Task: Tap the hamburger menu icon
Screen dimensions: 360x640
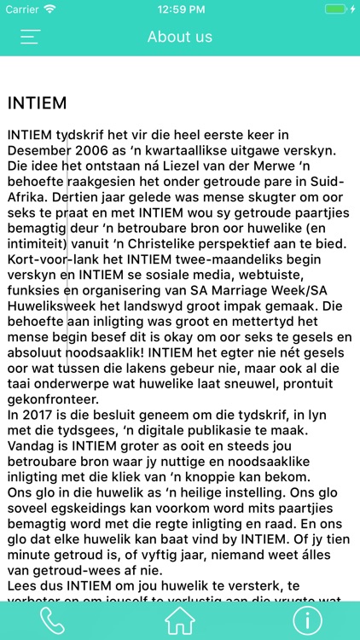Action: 31,37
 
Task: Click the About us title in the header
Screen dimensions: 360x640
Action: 180,37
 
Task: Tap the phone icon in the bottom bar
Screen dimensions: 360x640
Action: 52,621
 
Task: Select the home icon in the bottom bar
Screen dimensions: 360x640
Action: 180,621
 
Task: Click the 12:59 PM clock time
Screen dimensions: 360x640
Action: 179,9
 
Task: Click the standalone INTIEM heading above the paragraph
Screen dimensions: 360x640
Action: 37,102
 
